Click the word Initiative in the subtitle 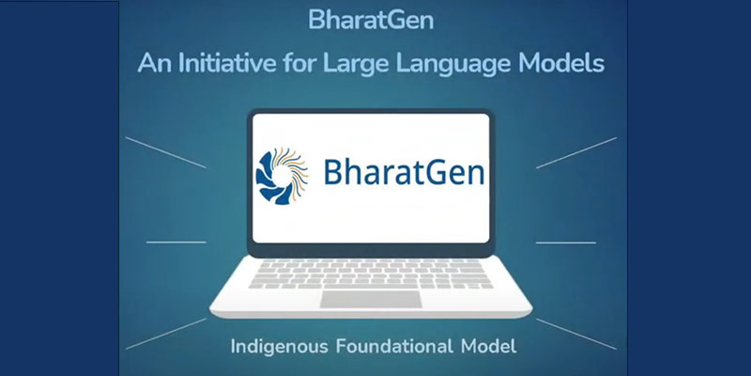pos(225,64)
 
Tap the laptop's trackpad pos(369,300)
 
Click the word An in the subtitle pos(153,64)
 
